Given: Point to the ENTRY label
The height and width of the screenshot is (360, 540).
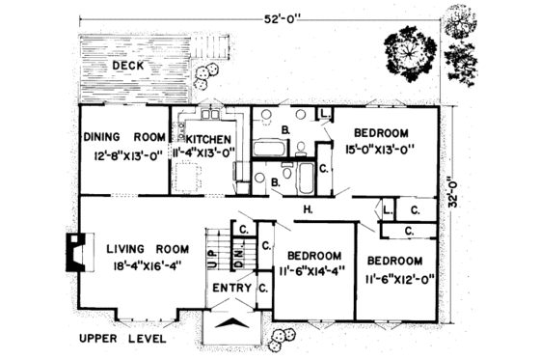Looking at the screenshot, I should coord(230,287).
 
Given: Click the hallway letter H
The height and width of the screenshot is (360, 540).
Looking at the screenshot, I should coord(307,209).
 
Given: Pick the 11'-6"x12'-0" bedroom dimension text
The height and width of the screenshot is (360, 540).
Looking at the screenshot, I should coord(395,277).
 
